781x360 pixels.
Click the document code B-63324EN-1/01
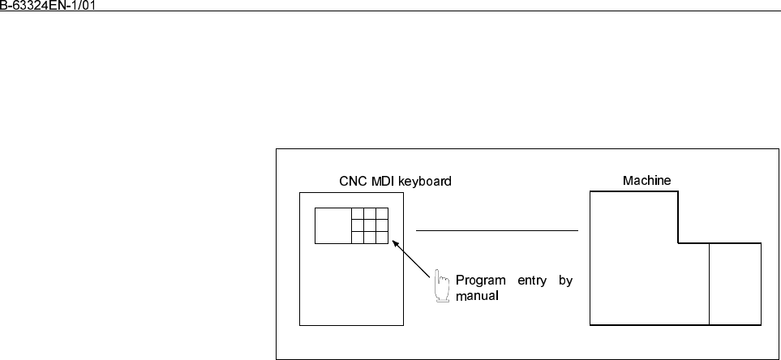pos(47,5)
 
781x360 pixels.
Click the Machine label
pos(646,180)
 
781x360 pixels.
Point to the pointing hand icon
pos(441,285)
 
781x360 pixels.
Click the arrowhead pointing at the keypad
pos(396,243)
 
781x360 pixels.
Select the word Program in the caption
pos(480,281)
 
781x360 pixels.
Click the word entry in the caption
pos(532,281)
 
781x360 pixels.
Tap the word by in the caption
pos(565,281)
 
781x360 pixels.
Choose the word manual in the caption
pos(477,296)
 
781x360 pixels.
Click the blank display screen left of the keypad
pos(333,225)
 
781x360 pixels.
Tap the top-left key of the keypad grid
pos(358,213)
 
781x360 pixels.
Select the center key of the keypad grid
pos(370,225)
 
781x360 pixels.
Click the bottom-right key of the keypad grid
pos(382,238)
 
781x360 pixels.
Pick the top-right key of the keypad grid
pos(382,213)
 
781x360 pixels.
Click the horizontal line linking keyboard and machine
pos(497,230)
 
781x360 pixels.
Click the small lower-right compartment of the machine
pos(735,284)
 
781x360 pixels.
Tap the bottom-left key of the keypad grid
pos(358,238)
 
